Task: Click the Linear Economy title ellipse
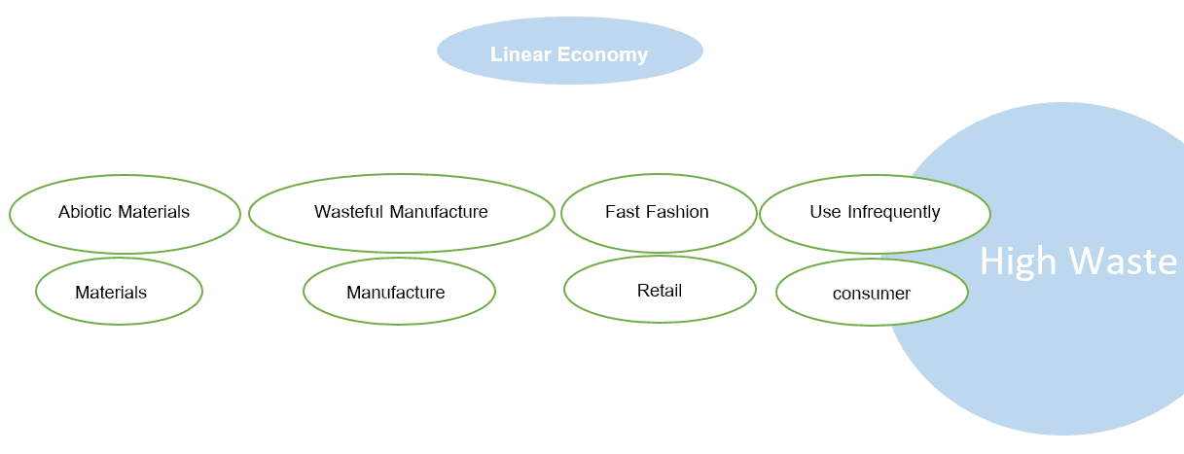click(x=569, y=51)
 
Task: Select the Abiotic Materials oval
click(x=125, y=213)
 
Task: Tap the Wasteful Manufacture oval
click(x=401, y=213)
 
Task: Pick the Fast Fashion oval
click(x=658, y=213)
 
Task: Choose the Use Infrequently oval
click(x=875, y=213)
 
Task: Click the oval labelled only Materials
click(x=119, y=292)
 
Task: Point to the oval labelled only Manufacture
click(x=399, y=292)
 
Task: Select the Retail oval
click(x=660, y=290)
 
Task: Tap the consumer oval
click(x=872, y=293)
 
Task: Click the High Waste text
click(x=1078, y=261)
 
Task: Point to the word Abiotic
click(x=85, y=212)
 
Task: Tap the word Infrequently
click(x=894, y=212)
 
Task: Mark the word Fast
click(x=621, y=212)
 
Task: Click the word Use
click(x=825, y=212)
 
